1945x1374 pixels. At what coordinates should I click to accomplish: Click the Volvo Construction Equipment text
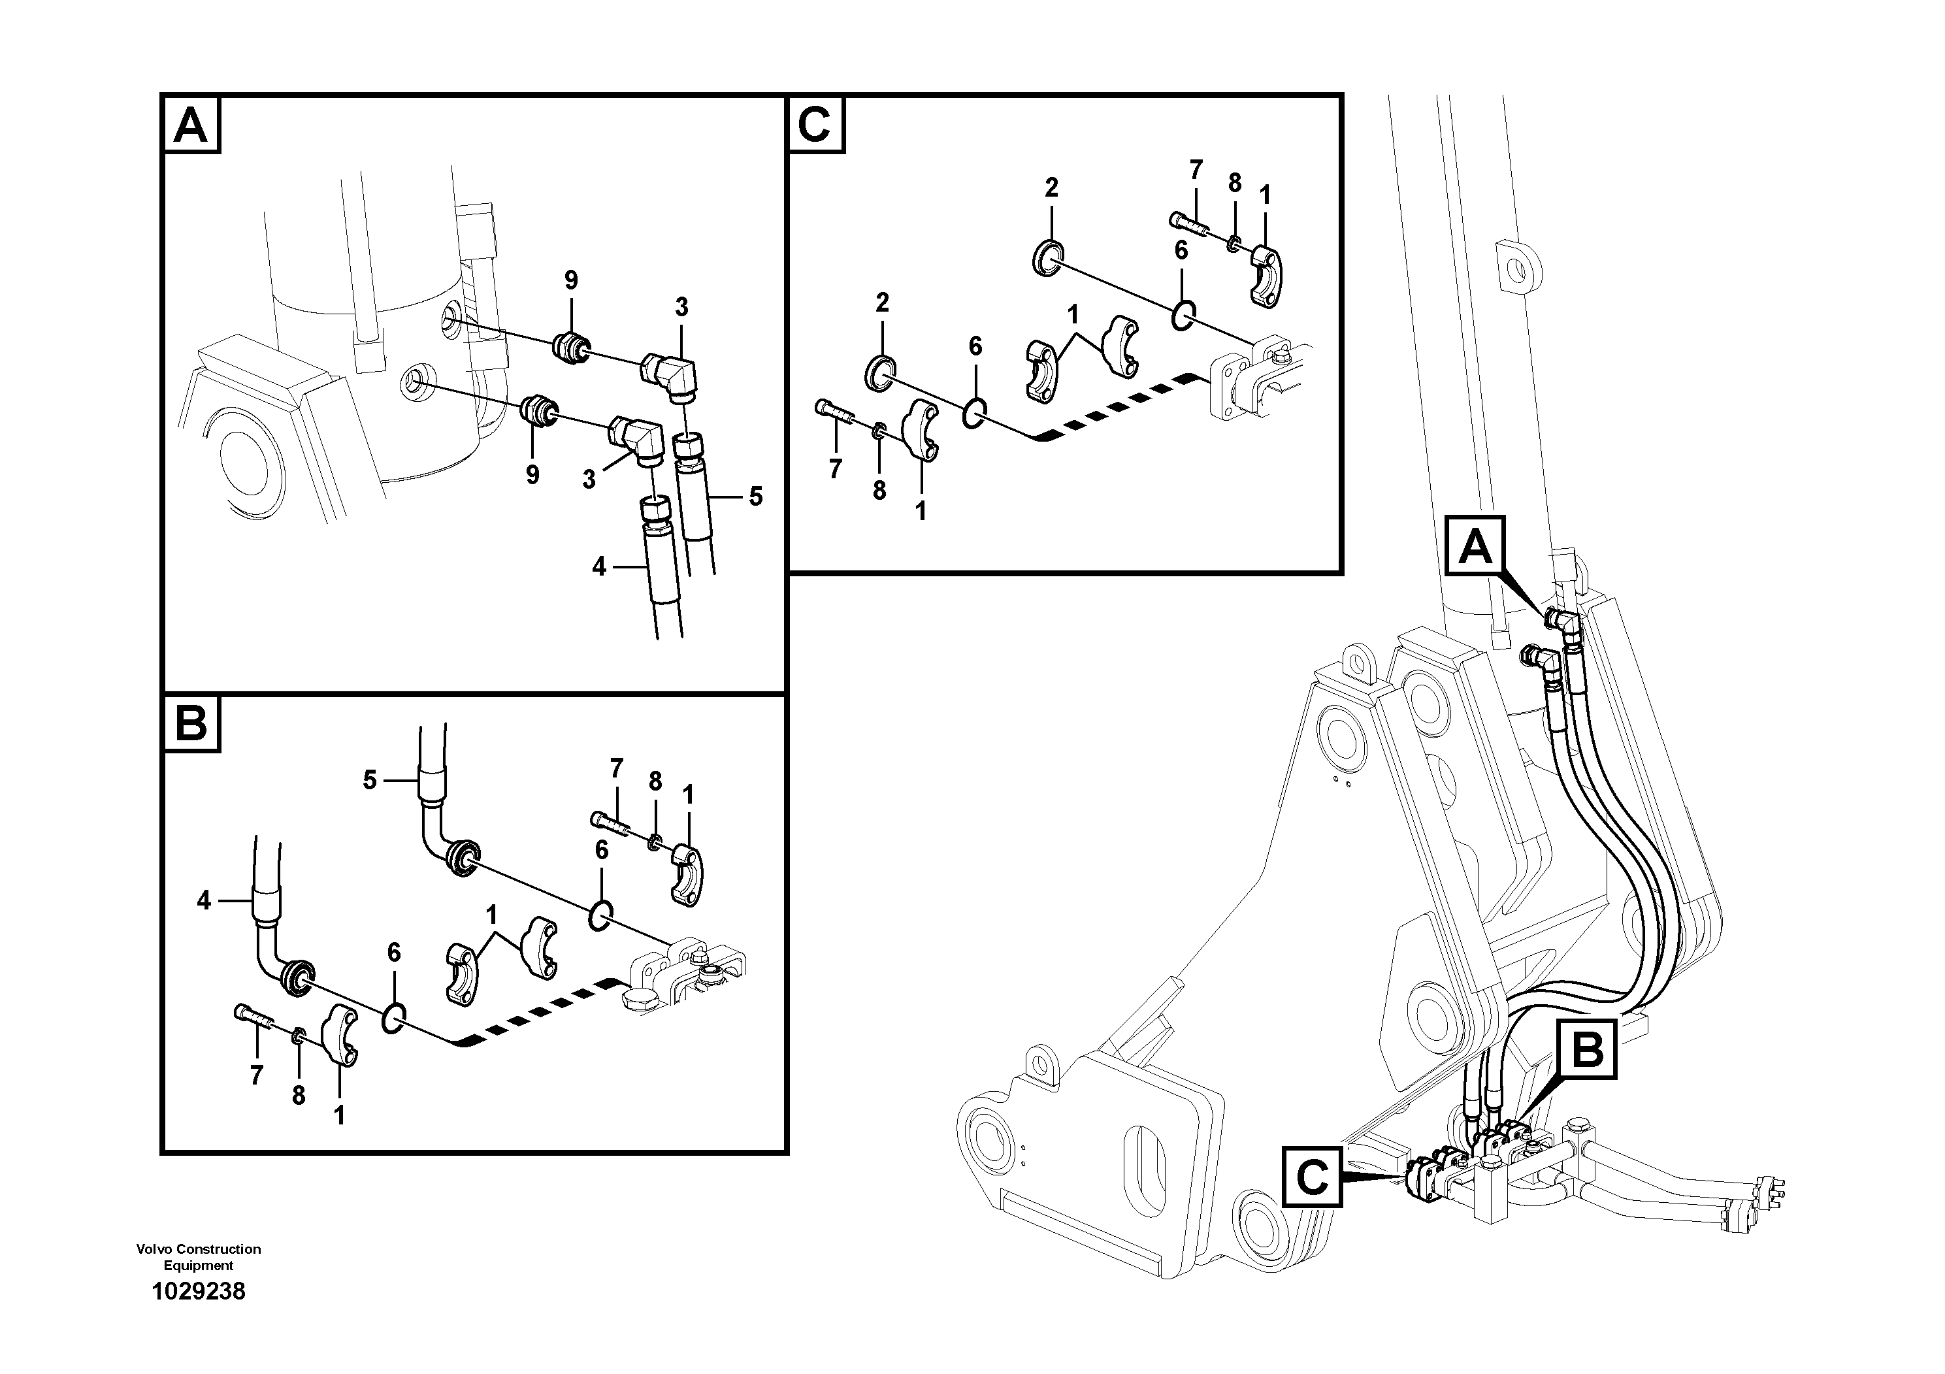coord(198,1257)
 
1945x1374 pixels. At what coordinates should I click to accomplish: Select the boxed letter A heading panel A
coord(191,125)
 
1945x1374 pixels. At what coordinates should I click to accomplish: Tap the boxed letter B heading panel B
coord(191,725)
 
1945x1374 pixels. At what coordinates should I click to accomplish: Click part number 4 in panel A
coord(600,566)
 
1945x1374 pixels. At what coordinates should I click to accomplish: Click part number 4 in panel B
coord(203,900)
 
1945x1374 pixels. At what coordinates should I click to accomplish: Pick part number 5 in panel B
coord(369,779)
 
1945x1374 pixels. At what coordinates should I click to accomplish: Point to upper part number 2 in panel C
coord(1051,188)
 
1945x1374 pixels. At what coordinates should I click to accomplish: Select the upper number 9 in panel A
coord(571,280)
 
